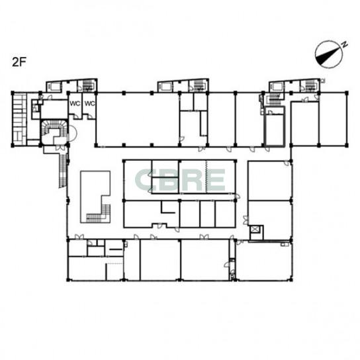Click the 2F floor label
point(19,62)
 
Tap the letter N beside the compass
point(344,44)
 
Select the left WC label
point(75,103)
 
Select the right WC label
point(89,103)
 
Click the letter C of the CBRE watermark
point(145,180)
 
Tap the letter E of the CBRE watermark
point(216,180)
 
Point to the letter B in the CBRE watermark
point(168,180)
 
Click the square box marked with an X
point(254,230)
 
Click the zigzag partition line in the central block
point(206,176)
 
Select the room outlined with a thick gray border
point(275,126)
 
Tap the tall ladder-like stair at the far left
point(19,119)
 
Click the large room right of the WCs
point(138,119)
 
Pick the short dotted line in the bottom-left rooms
point(114,264)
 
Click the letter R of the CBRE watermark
point(193,180)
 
